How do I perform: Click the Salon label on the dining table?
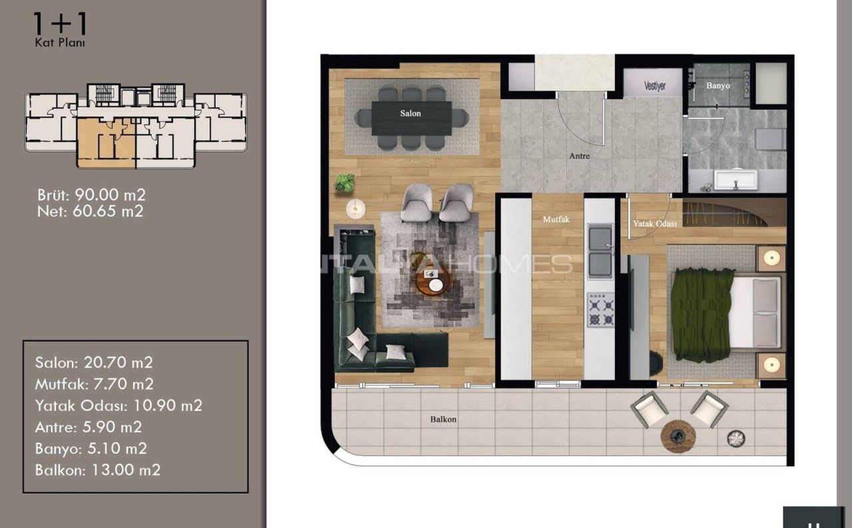tap(410, 114)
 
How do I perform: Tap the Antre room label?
tap(579, 156)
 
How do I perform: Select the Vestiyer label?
tap(654, 87)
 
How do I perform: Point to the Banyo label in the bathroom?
tap(718, 86)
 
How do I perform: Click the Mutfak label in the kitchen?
tap(556, 218)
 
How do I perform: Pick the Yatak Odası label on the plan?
tap(654, 224)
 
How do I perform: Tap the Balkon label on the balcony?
tap(443, 419)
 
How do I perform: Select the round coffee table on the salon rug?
tap(433, 282)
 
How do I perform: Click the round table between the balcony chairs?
tap(678, 436)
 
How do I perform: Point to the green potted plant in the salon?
tap(345, 182)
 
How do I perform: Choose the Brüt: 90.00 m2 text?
tap(91, 195)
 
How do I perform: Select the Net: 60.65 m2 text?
tap(90, 211)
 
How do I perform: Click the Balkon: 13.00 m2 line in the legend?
tap(97, 469)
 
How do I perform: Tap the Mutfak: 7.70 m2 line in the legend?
tap(94, 384)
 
